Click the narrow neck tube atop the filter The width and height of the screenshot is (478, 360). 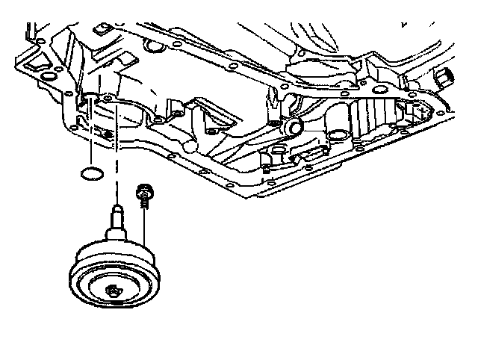point(117,217)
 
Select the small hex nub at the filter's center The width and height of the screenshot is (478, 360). point(114,291)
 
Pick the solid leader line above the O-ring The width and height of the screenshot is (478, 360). point(90,134)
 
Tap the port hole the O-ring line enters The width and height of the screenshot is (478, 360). point(89,96)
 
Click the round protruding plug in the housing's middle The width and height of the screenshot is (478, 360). point(292,127)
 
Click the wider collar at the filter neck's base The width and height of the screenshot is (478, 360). point(117,233)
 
